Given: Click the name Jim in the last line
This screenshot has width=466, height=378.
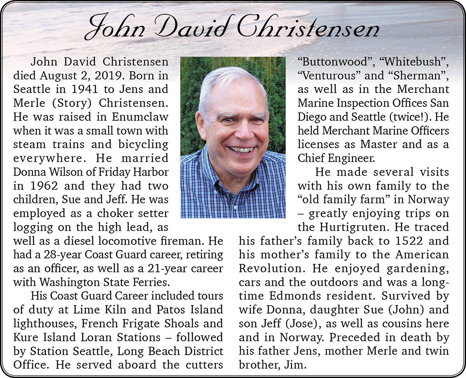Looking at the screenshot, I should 296,365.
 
